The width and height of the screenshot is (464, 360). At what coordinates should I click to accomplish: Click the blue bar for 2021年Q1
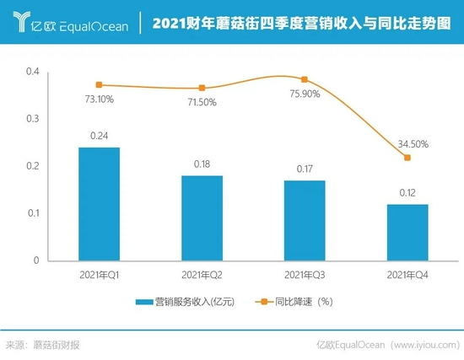(99, 204)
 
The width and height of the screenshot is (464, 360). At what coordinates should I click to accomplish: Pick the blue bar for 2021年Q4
(407, 232)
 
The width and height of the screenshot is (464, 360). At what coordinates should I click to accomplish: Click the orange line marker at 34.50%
(407, 158)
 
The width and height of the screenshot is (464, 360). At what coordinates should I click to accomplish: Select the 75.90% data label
(305, 94)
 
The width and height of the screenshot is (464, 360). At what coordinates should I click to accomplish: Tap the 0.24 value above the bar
(99, 135)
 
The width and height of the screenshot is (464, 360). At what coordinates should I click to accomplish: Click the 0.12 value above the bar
(407, 191)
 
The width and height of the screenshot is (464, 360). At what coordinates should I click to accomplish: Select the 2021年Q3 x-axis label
(305, 275)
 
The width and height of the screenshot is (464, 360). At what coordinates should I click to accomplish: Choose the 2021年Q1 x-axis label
(99, 275)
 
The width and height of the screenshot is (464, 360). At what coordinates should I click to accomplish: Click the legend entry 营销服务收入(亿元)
(182, 301)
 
